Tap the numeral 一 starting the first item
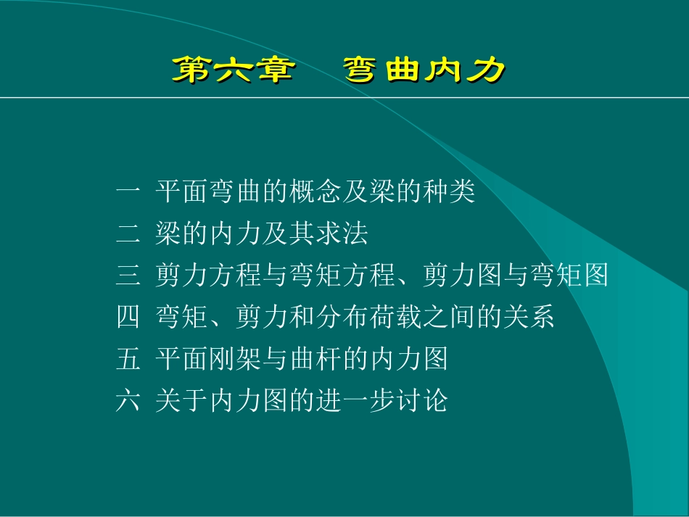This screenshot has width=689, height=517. [128, 192]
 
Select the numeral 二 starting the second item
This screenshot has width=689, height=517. [128, 233]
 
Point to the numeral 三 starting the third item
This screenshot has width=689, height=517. [128, 276]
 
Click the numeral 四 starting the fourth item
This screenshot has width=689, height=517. [128, 317]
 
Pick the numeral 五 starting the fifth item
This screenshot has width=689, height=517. [128, 358]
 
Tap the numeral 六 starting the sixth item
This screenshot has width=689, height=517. [128, 400]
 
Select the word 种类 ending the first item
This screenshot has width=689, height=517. [455, 192]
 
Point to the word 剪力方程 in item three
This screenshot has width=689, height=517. [197, 276]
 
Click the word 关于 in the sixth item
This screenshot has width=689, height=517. [176, 400]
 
